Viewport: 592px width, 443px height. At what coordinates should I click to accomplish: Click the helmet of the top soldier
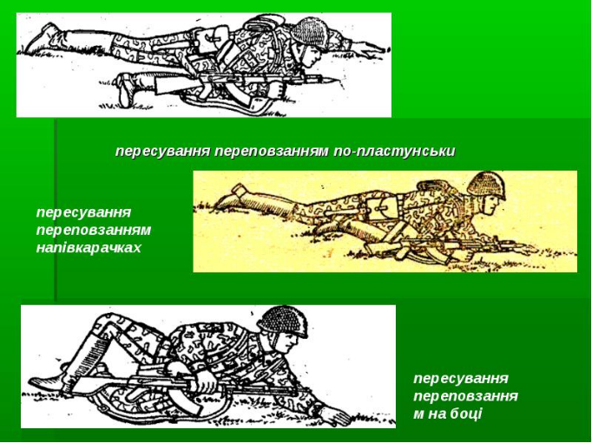pyautogui.click(x=309, y=33)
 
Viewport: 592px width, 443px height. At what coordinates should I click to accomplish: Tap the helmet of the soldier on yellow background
pyautogui.click(x=486, y=186)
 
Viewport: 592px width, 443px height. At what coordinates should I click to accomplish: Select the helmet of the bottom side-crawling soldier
pyautogui.click(x=282, y=322)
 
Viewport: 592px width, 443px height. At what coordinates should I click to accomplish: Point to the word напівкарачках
pyautogui.click(x=89, y=248)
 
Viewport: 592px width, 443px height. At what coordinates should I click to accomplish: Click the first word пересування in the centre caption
pyautogui.click(x=163, y=152)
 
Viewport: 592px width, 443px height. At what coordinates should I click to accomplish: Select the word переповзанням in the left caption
pyautogui.click(x=94, y=231)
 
